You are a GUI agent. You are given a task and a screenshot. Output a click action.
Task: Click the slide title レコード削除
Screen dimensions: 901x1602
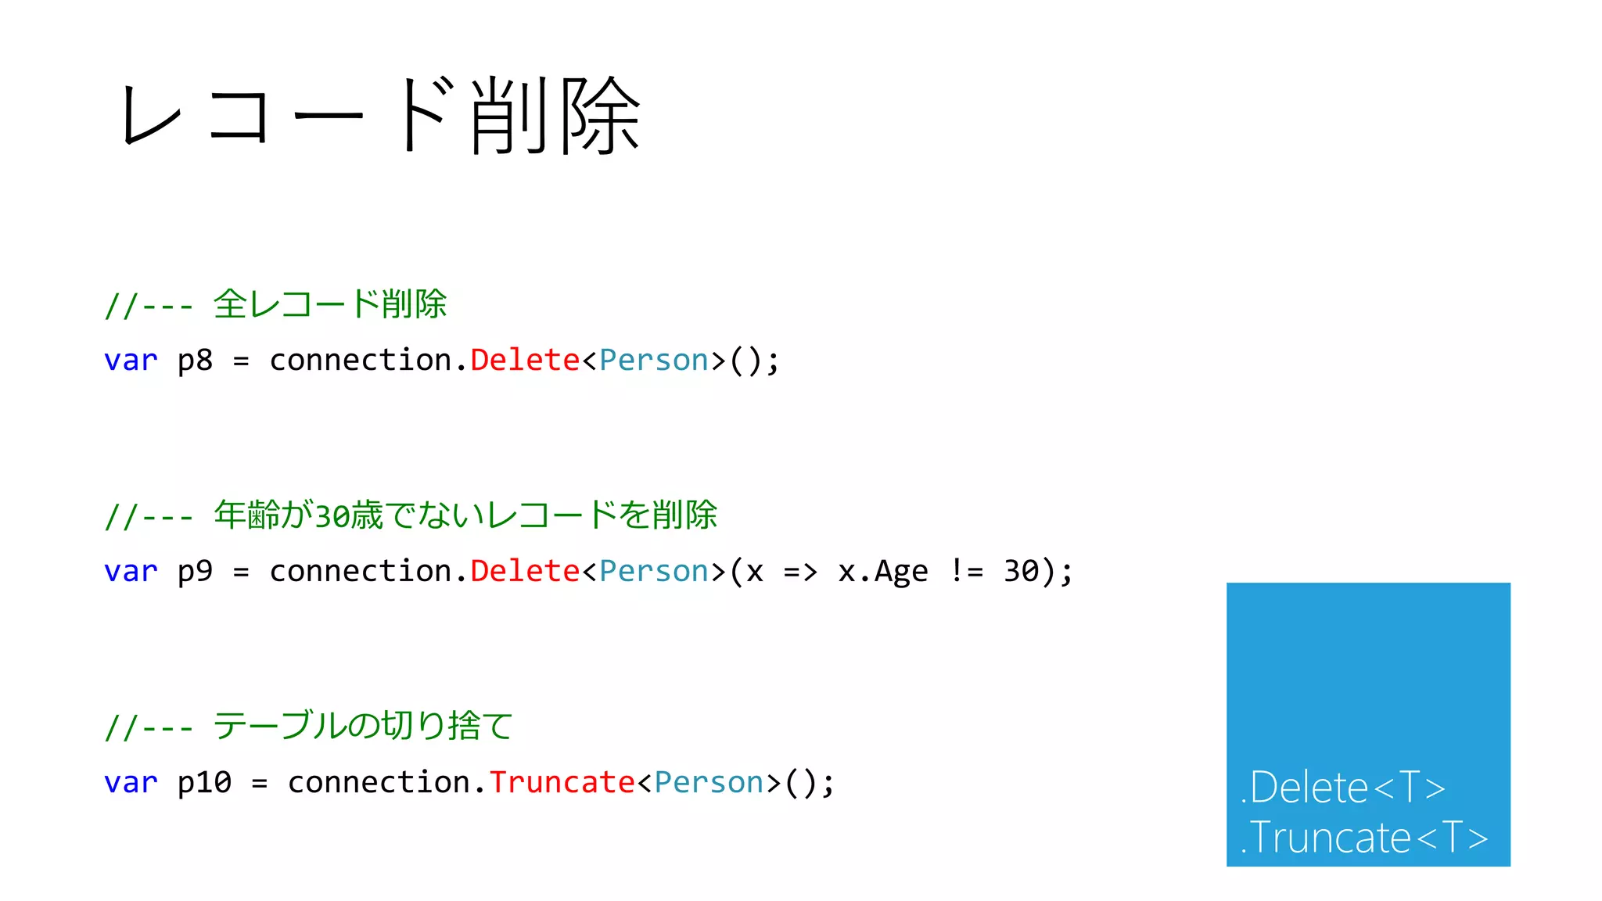tap(381, 116)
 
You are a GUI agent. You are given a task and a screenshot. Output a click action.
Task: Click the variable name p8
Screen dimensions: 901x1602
tap(195, 361)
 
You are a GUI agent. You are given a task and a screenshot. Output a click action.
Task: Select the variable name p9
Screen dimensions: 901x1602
tap(195, 572)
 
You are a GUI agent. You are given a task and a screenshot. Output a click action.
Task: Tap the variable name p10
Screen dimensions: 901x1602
tap(204, 783)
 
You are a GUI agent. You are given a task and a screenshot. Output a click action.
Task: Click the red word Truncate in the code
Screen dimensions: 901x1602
tap(562, 782)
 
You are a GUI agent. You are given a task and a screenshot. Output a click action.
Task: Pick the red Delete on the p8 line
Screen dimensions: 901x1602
tap(525, 360)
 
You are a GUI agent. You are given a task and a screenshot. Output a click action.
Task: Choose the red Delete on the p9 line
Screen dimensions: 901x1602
tap(525, 571)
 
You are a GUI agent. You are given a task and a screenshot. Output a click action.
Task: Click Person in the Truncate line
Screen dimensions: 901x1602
tap(709, 782)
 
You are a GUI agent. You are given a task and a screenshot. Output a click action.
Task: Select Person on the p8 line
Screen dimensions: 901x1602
tap(654, 360)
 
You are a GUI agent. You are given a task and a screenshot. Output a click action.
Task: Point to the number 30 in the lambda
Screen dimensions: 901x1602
tap(1021, 571)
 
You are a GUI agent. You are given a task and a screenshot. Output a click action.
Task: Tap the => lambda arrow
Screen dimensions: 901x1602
tap(800, 572)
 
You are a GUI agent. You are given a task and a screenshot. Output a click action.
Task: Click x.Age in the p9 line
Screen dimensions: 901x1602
tap(882, 572)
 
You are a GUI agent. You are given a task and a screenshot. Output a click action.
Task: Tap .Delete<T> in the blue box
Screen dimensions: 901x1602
tap(1342, 787)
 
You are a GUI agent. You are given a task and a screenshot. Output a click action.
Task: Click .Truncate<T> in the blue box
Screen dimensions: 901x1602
tap(1363, 838)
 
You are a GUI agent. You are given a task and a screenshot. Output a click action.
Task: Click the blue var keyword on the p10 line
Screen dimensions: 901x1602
tap(131, 783)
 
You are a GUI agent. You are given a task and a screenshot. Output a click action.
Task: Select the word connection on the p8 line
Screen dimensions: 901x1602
tap(361, 360)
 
